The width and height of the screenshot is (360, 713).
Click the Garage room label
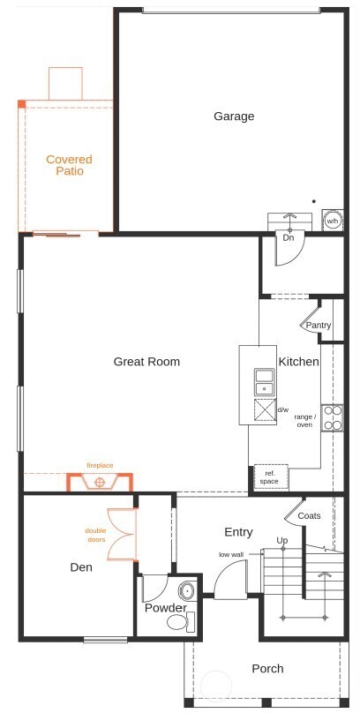[x=234, y=116]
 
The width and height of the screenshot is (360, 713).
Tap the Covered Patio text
[x=70, y=165]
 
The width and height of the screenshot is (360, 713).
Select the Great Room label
[x=146, y=361]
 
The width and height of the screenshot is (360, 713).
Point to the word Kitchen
[x=299, y=362]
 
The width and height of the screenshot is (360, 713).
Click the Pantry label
[x=319, y=326]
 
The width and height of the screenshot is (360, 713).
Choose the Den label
[x=81, y=567]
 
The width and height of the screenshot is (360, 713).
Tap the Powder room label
[x=166, y=608]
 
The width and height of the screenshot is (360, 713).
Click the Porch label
[x=267, y=669]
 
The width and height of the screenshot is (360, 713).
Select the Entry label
[x=238, y=532]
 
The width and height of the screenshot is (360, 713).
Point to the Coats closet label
[x=309, y=515]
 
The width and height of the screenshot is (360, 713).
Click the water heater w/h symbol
[x=332, y=221]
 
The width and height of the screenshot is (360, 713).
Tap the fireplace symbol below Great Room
[x=100, y=482]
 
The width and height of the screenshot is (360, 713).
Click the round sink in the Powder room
[x=187, y=590]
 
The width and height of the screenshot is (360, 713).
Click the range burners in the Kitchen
[x=332, y=417]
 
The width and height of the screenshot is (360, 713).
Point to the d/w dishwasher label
[x=283, y=410]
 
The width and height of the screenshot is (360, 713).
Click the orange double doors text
[x=95, y=535]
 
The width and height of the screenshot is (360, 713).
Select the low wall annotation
[x=231, y=554]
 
